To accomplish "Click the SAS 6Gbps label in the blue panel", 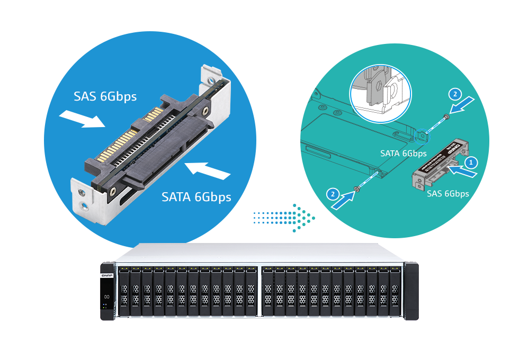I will coord(105,96).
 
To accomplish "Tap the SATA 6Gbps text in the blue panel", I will coord(196,197).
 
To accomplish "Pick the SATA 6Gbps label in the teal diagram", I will coord(404,154).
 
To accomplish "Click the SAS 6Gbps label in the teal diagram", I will coord(448,194).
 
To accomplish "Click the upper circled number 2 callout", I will coord(454,95).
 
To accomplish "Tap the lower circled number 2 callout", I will coord(333,194).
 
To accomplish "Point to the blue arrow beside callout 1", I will coord(466,172).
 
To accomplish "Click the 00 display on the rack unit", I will coord(106,296).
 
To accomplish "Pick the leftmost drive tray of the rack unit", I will coord(124,294).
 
